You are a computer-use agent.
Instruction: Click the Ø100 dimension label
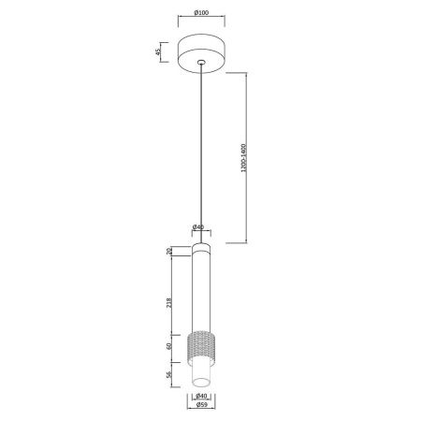pos(201,13)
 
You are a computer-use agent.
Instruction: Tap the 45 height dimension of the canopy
pos(158,51)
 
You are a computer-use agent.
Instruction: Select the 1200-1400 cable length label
pos(243,158)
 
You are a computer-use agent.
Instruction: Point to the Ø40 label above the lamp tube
pos(198,227)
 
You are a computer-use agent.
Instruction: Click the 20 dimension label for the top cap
pos(169,251)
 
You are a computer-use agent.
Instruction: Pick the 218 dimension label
pos(169,303)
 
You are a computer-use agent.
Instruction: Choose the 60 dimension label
pos(169,346)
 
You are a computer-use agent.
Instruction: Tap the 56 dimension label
pos(169,374)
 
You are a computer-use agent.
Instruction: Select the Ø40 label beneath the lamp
pos(201,396)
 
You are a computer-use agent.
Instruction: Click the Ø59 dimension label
pos(201,405)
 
